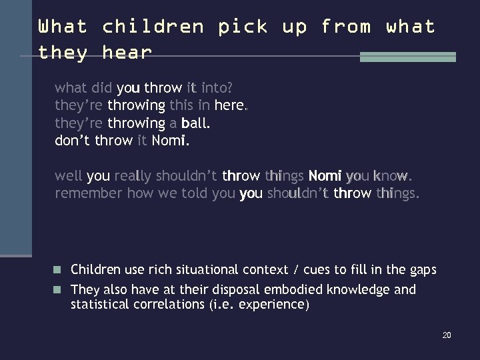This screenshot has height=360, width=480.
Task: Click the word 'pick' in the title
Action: (243, 27)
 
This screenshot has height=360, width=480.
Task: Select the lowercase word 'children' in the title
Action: (153, 27)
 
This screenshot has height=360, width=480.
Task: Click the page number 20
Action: (447, 335)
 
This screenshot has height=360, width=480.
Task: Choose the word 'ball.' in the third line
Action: (195, 123)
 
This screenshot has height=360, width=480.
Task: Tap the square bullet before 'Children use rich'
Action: (59, 270)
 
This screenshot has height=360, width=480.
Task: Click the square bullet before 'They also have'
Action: (59, 290)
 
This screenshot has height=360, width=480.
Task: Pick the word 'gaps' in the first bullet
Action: (423, 270)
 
